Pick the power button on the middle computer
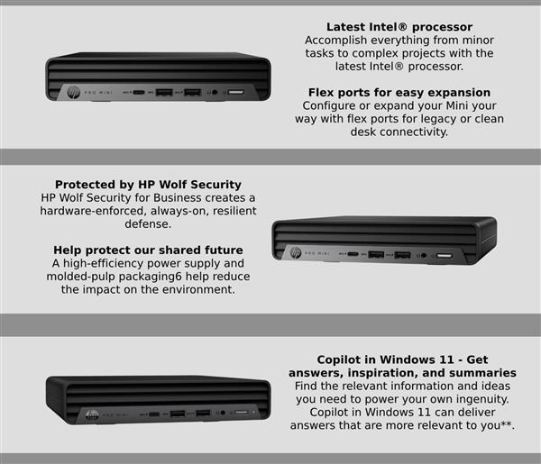coord(444,256)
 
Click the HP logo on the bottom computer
coord(91,414)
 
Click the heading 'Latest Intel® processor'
coord(399,27)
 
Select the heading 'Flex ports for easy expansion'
coord(399,92)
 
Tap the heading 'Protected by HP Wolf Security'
coord(148,184)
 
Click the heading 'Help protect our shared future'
coord(148,250)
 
